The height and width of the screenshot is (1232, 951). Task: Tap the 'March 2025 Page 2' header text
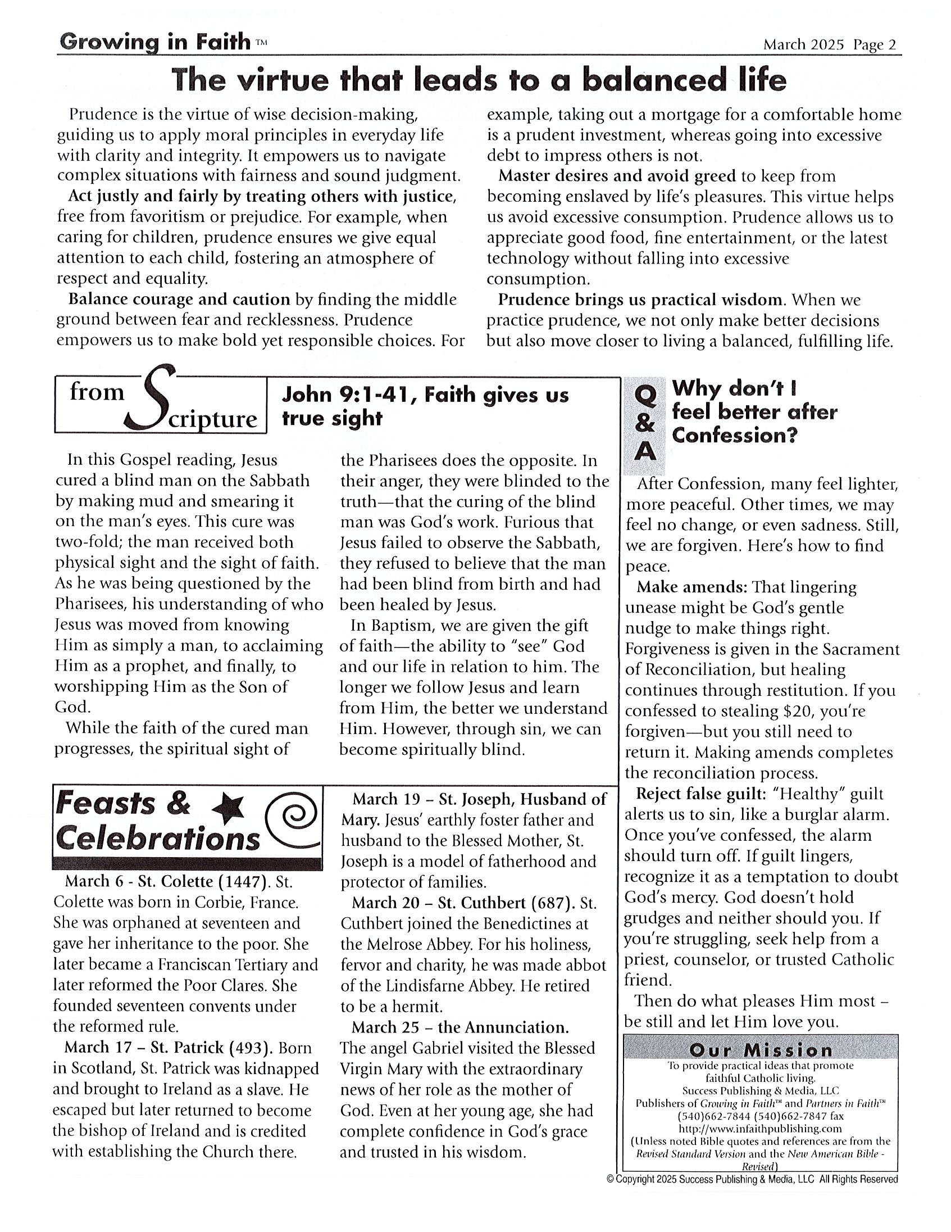[x=829, y=44]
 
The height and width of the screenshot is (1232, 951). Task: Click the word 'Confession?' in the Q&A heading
[x=735, y=435]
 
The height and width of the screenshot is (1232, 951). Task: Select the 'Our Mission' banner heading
[x=761, y=1050]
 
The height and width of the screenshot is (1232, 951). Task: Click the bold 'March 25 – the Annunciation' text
[x=460, y=1027]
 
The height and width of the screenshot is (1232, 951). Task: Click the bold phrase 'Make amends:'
[x=691, y=587]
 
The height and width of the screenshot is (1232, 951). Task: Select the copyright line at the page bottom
[x=752, y=1179]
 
